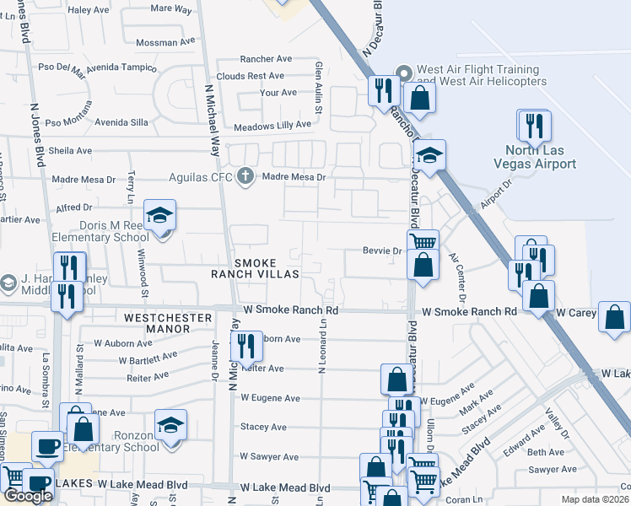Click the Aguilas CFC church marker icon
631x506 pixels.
(245, 177)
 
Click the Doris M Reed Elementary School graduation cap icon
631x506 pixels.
(159, 216)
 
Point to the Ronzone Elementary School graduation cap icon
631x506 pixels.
(170, 424)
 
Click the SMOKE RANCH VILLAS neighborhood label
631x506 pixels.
(267, 269)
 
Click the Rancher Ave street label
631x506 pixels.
(266, 59)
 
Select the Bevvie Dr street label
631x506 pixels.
(380, 250)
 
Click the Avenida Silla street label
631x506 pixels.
(121, 121)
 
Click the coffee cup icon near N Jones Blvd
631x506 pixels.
(47, 446)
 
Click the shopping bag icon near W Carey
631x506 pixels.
(615, 317)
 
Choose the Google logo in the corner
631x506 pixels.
(27, 496)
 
